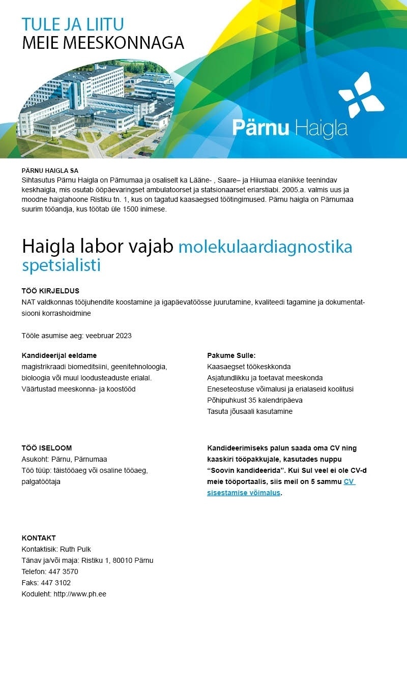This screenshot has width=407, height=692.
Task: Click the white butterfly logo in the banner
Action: [x=361, y=95]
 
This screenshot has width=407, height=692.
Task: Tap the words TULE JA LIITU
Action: [x=73, y=24]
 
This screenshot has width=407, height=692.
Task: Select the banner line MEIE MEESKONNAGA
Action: [x=103, y=43]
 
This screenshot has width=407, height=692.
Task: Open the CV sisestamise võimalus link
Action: [x=281, y=487]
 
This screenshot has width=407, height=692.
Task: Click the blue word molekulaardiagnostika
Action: [x=265, y=247]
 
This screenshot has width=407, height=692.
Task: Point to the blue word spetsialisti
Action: [x=61, y=265]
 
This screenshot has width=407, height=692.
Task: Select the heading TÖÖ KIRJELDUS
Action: [x=50, y=291]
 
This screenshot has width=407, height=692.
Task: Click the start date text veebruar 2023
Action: [x=109, y=336]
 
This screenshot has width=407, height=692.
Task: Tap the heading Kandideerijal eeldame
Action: [x=59, y=355]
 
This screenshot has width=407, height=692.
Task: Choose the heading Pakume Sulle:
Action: [x=231, y=355]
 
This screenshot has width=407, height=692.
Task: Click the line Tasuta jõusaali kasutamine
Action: [x=249, y=411]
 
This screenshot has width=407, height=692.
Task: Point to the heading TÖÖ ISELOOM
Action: [x=47, y=448]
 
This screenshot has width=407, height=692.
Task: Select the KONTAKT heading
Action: [x=39, y=538]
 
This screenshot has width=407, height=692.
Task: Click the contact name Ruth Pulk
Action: [x=75, y=549]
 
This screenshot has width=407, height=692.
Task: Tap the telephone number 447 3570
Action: [x=63, y=571]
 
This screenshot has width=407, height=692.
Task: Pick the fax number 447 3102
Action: [x=59, y=583]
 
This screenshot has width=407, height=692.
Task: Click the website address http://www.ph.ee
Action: [x=80, y=594]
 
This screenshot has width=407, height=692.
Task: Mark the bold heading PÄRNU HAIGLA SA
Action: [x=50, y=171]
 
